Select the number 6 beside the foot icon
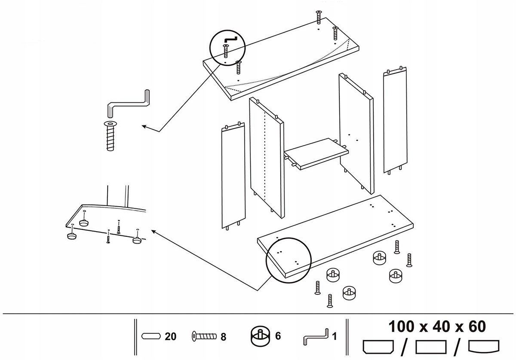[278, 336]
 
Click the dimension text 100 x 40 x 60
[437, 326]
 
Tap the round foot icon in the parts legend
[260, 336]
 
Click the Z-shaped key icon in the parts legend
[315, 336]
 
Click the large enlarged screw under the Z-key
[110, 136]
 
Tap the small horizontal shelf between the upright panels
[316, 153]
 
